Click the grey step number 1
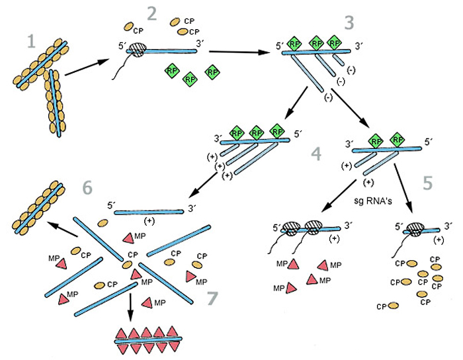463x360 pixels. (x=28, y=43)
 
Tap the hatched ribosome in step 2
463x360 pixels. (x=138, y=49)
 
